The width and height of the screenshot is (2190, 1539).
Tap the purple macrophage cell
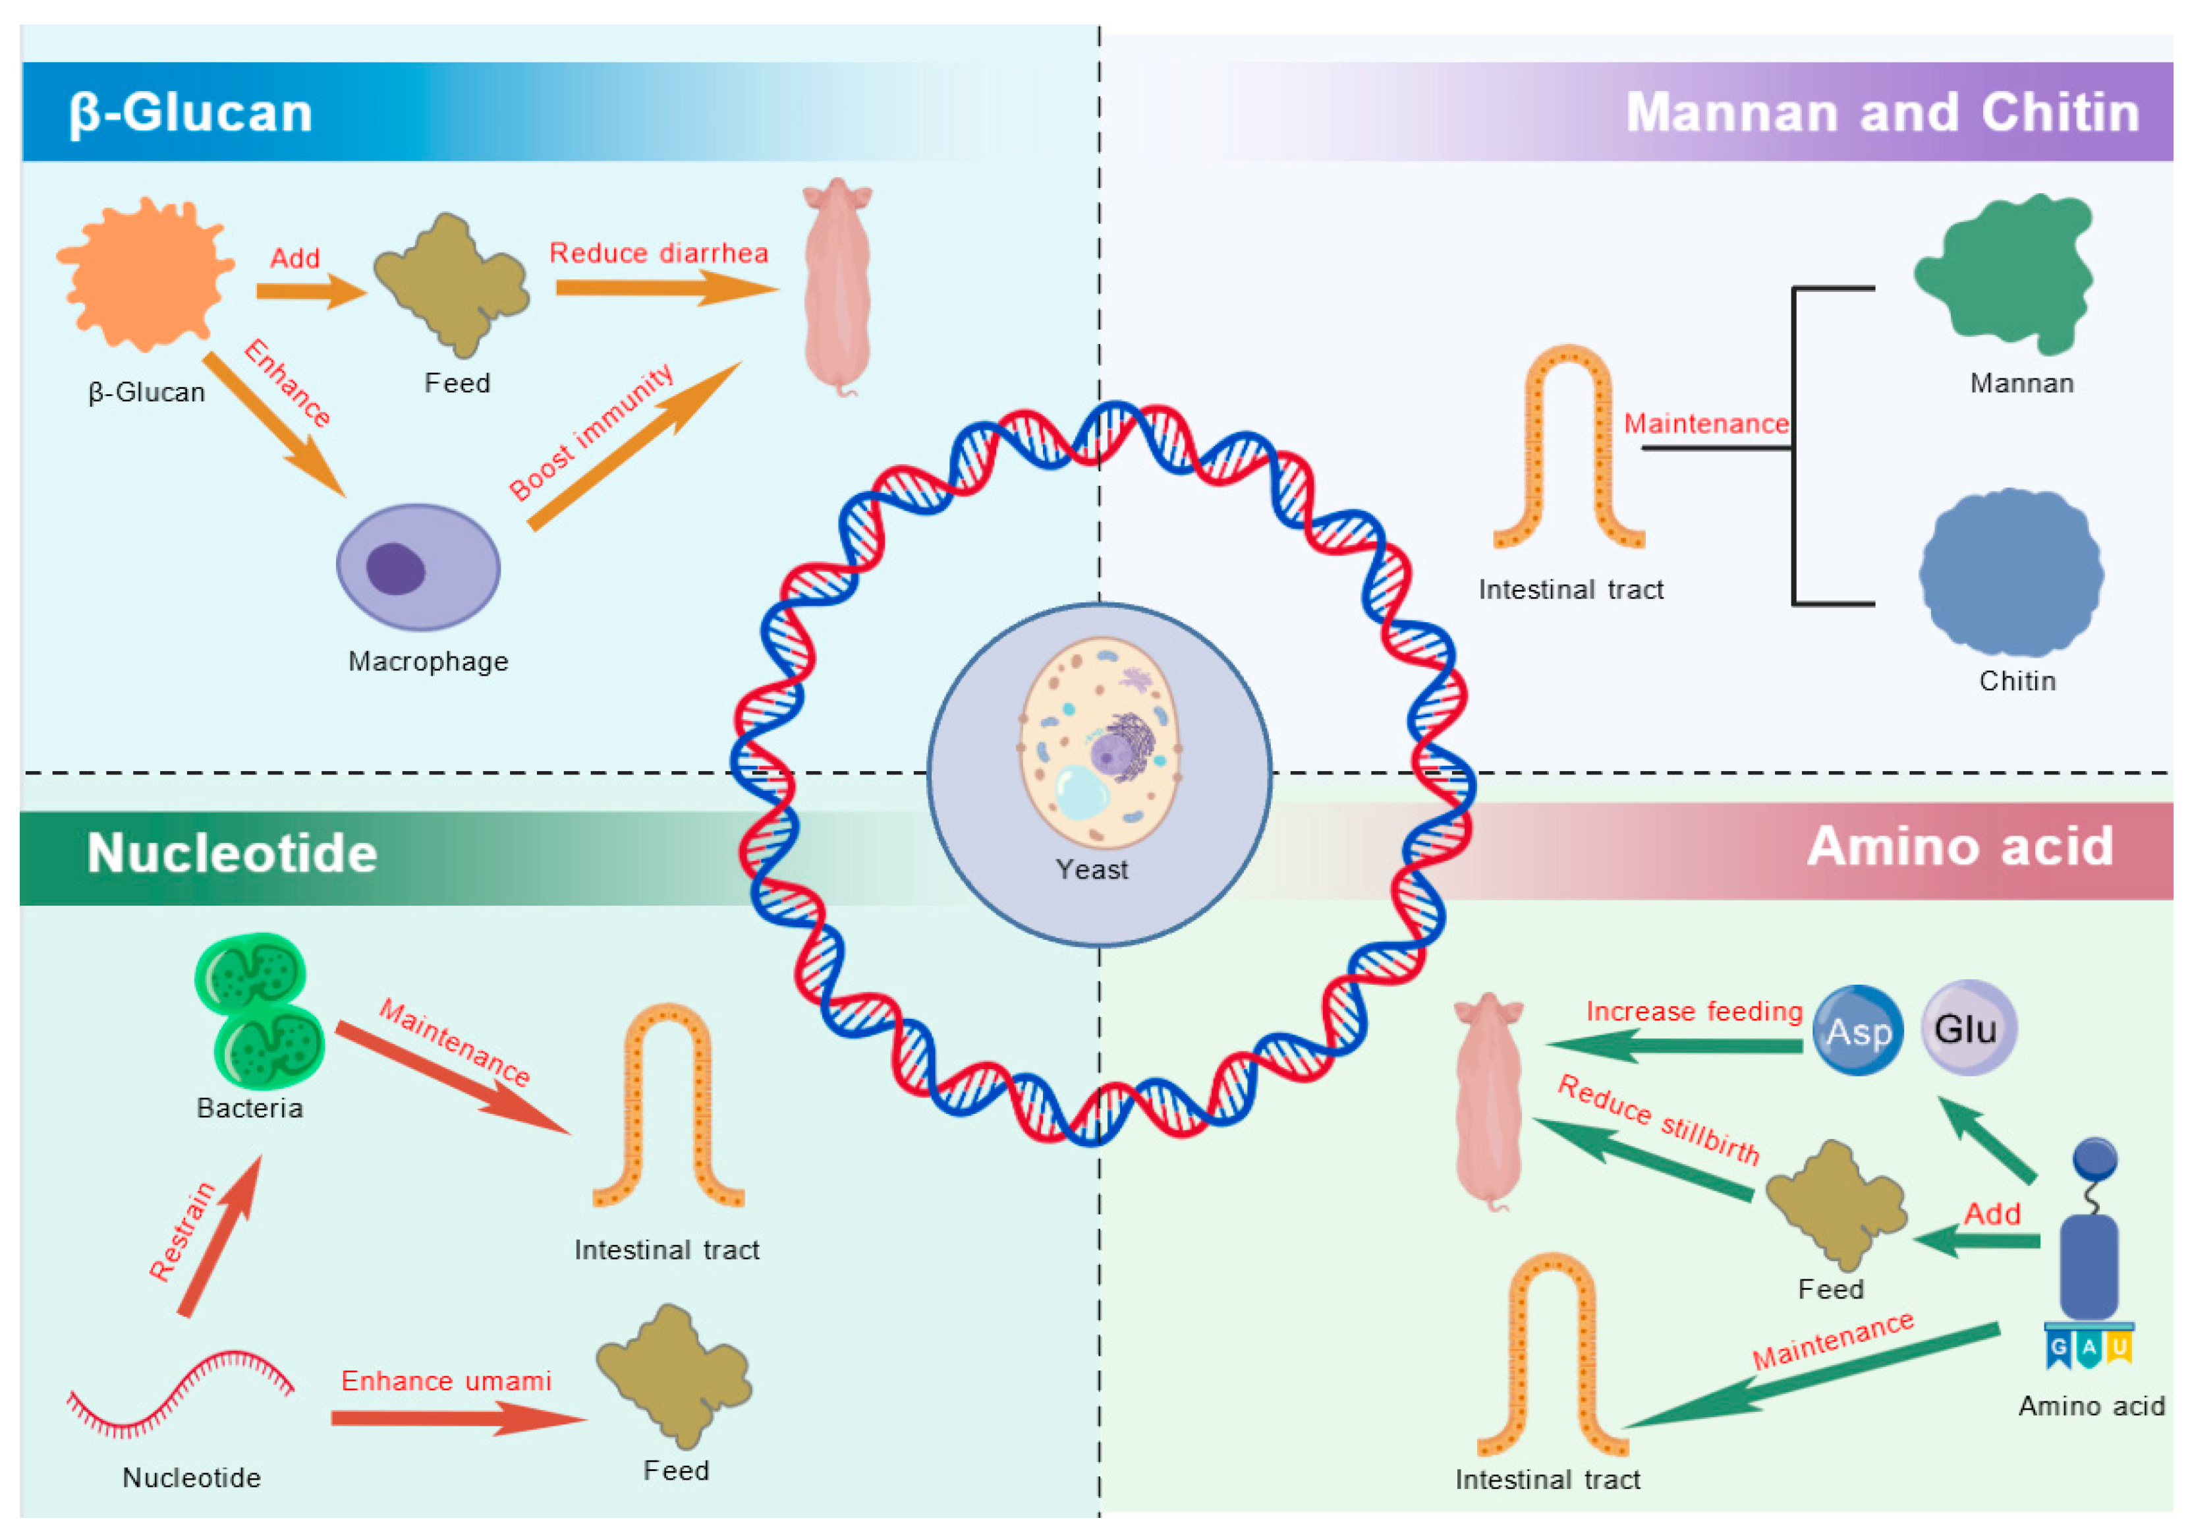click(x=418, y=567)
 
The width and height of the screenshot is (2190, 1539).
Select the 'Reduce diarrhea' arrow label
click(x=658, y=253)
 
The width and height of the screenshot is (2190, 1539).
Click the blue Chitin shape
click(x=2011, y=573)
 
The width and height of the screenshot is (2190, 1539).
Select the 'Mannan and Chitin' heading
click(x=1882, y=113)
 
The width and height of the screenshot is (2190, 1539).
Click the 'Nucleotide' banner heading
click(x=232, y=852)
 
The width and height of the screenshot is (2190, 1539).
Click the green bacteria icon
click(x=258, y=1011)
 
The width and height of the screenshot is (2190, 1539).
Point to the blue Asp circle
click(x=1857, y=1030)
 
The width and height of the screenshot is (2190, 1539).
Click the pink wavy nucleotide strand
click(x=179, y=1394)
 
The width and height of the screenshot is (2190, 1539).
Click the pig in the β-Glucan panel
click(x=837, y=286)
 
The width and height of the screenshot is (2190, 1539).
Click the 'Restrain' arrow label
click(x=181, y=1231)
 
